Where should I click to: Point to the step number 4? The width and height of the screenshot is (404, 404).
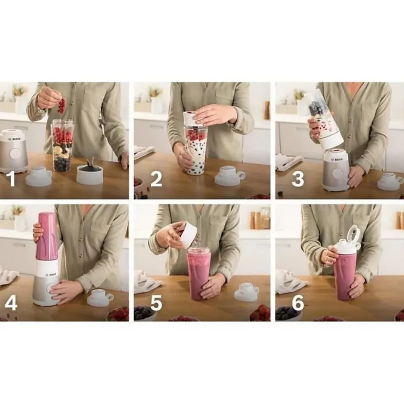point(11,302)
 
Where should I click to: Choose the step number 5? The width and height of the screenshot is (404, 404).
point(156,302)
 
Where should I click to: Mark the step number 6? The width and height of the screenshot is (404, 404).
point(298,302)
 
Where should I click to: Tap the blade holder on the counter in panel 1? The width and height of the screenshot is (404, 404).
point(90,174)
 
